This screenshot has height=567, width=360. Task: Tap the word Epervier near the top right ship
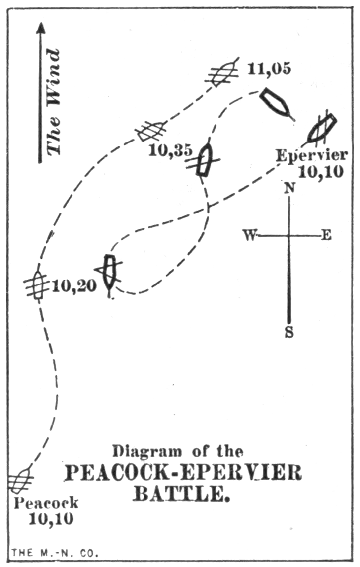(311, 155)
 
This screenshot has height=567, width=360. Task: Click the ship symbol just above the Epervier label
(321, 128)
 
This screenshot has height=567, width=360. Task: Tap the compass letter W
(248, 235)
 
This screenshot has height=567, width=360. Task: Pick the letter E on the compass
(326, 235)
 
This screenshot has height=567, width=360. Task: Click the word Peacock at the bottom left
(46, 502)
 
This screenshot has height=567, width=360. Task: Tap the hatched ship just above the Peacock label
(20, 480)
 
